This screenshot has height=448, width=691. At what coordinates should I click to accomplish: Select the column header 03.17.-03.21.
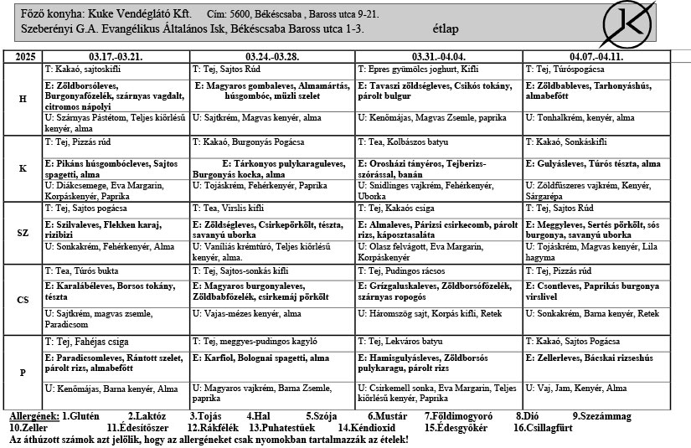[116, 57]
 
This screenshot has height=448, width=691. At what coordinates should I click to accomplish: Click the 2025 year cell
[24, 57]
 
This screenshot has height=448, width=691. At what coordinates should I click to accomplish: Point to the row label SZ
[23, 234]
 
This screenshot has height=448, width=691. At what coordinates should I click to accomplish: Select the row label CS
[23, 300]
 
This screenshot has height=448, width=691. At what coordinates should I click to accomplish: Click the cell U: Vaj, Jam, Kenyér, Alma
[577, 389]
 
